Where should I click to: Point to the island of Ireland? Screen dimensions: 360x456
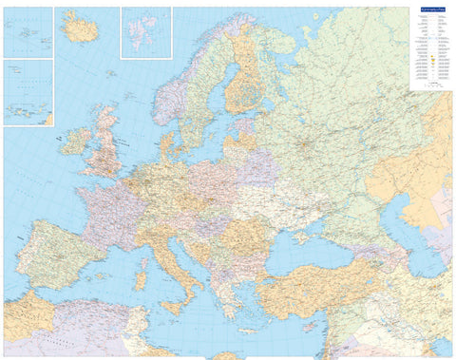tap(74, 142)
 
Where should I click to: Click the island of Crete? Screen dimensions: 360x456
tap(249, 332)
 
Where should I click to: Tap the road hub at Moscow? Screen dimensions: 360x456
tap(305, 144)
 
